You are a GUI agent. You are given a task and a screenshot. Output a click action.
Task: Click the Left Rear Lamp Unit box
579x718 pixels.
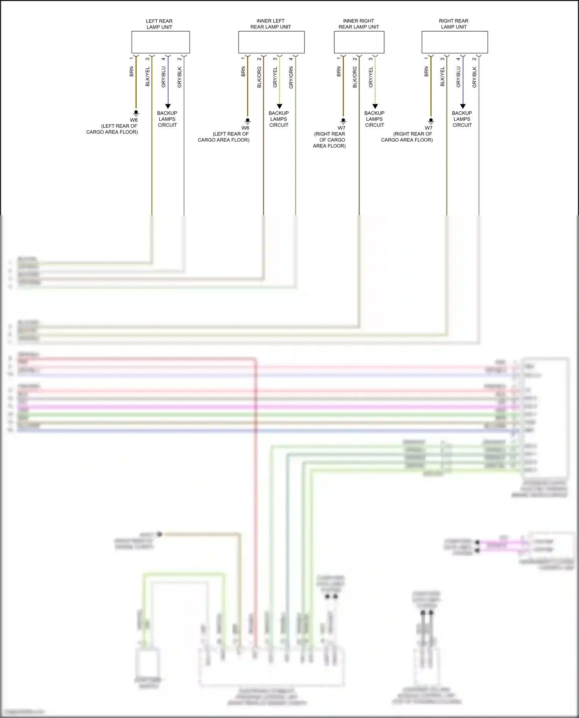(161, 42)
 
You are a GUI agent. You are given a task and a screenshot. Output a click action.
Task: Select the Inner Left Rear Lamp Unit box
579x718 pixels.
(271, 42)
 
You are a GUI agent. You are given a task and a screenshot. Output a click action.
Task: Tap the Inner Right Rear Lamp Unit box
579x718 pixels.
(359, 42)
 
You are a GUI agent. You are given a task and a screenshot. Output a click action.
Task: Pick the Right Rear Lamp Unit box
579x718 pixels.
(455, 42)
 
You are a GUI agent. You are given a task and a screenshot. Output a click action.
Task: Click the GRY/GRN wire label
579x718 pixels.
(291, 78)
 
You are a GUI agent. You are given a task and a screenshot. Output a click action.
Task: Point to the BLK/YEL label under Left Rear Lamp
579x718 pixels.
(147, 76)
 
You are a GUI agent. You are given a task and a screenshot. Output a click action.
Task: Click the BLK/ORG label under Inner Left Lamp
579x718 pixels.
(259, 77)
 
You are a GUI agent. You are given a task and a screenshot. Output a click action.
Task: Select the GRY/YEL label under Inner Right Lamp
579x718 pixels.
(371, 77)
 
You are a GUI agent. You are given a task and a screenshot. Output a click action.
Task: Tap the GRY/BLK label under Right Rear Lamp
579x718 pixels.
(474, 77)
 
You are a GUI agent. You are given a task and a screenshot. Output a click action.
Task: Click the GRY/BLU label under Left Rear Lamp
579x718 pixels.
(163, 77)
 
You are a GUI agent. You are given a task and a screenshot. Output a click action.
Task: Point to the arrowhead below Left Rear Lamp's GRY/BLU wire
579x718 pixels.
(168, 106)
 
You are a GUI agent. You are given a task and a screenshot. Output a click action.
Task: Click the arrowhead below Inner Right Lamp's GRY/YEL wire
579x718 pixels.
(375, 106)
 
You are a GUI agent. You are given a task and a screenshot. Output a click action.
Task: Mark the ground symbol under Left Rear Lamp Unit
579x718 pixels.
(136, 113)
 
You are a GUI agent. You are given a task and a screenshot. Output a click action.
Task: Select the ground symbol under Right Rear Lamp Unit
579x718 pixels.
(431, 121)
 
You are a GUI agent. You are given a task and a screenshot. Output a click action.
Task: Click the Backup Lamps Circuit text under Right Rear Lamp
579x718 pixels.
(462, 119)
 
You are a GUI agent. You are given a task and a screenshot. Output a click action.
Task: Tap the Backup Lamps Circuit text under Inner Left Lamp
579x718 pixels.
(279, 119)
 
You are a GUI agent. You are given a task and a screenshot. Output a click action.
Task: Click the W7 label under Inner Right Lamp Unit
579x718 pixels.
(342, 128)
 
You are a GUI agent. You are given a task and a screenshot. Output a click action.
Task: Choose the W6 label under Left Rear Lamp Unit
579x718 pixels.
(134, 120)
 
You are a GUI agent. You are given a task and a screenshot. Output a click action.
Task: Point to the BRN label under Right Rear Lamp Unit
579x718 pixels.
(427, 71)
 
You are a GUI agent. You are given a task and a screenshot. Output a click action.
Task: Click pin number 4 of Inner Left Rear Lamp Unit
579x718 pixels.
(291, 59)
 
